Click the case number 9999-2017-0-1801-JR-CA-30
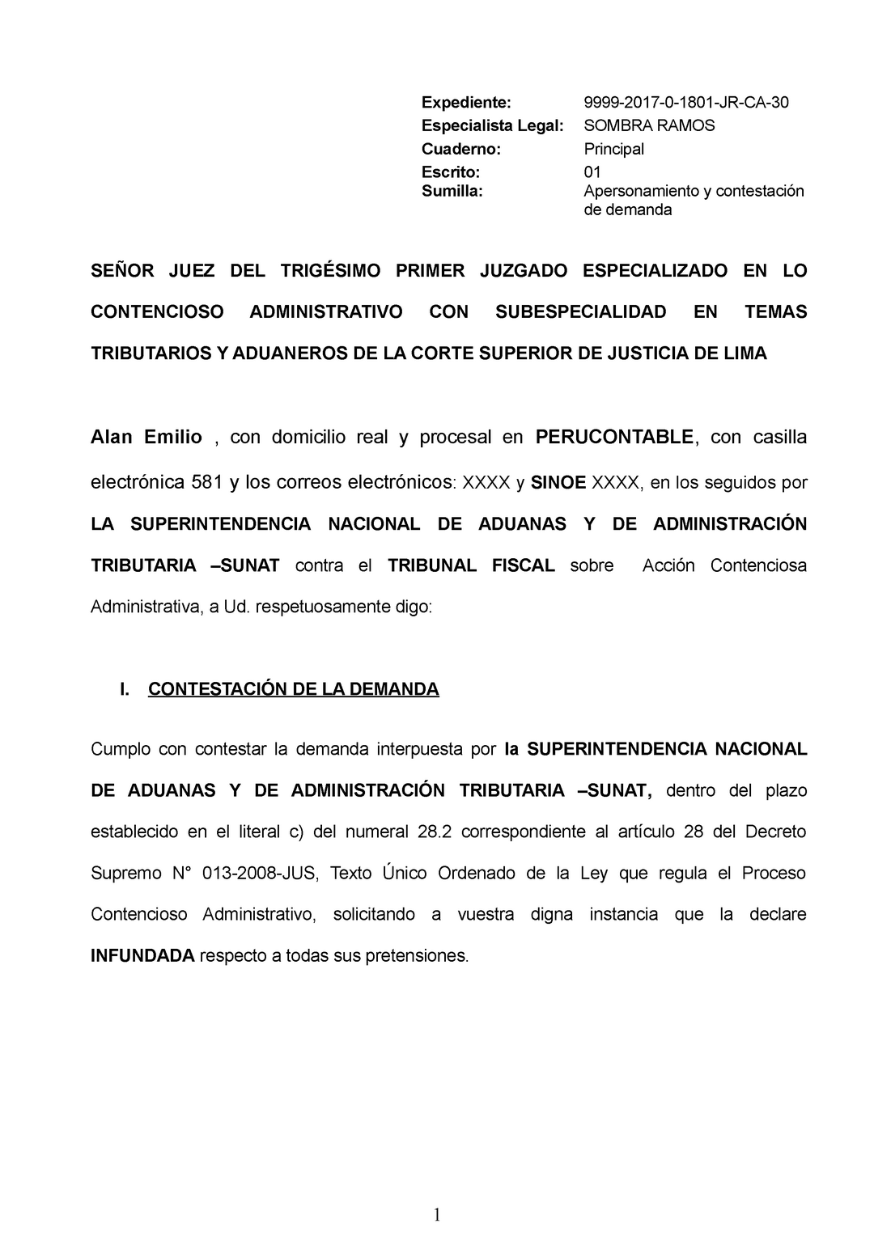click(x=686, y=102)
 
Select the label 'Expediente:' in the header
click(x=467, y=102)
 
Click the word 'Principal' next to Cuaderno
click(x=613, y=149)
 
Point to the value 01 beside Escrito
click(x=592, y=171)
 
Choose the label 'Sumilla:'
click(x=452, y=191)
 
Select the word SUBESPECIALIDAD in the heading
click(x=580, y=312)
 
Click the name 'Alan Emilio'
click(x=146, y=438)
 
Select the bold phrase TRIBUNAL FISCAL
click(x=471, y=565)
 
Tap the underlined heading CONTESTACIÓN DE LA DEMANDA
click(x=294, y=689)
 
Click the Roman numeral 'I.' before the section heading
click(x=125, y=689)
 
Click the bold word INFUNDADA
click(x=142, y=956)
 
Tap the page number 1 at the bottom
click(x=437, y=1214)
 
